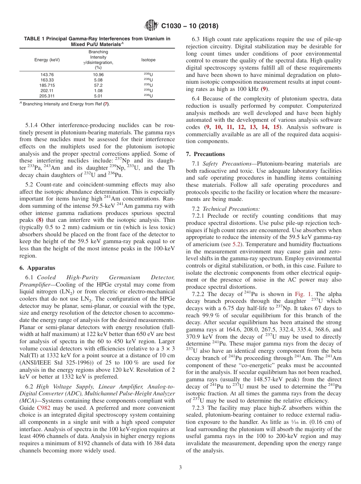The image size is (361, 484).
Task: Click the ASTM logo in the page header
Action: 151,26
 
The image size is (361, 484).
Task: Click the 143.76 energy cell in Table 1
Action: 47,75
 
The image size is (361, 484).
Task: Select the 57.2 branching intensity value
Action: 98,86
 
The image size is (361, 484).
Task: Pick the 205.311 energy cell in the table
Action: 47,96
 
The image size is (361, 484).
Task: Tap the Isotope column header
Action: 148,60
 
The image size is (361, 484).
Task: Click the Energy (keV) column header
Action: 47,60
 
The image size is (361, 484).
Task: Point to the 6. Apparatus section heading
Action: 37,268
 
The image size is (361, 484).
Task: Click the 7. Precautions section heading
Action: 205,154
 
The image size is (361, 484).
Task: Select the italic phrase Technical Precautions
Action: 231,209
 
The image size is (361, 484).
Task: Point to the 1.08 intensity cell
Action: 98,91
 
